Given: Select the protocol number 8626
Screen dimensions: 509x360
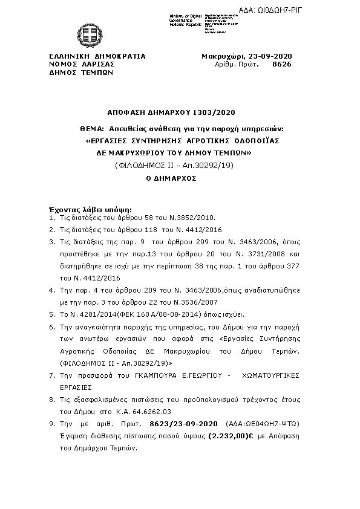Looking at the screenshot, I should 283,63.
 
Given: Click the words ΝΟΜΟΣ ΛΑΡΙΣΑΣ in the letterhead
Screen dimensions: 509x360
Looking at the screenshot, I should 82,63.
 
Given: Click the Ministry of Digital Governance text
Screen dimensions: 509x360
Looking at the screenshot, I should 186,18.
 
